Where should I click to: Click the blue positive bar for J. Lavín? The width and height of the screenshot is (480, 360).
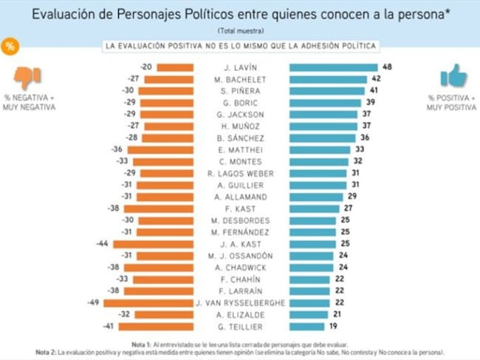[334, 67]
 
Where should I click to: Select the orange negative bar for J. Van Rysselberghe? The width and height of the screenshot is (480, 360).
[148, 303]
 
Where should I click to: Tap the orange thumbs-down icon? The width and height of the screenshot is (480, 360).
[27, 77]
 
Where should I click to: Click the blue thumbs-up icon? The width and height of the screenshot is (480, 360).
[453, 75]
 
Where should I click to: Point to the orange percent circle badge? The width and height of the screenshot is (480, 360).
[10, 47]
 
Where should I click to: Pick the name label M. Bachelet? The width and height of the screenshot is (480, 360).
[240, 80]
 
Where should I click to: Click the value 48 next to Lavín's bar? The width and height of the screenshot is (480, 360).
[387, 67]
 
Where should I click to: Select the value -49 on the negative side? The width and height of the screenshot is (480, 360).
[93, 302]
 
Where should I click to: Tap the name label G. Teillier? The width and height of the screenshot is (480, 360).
[240, 327]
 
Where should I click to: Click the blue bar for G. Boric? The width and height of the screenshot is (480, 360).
[326, 103]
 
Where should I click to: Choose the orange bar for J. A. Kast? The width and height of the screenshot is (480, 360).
[154, 244]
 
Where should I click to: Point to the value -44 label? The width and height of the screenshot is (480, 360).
[102, 244]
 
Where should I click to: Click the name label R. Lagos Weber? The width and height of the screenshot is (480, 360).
[240, 174]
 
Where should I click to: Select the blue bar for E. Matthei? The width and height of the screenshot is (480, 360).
[320, 150]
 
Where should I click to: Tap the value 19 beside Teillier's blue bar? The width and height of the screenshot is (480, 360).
[333, 326]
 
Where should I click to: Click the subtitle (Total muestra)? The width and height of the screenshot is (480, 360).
[241, 30]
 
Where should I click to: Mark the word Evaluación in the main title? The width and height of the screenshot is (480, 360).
[64, 14]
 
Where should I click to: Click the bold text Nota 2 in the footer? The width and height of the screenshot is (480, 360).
[46, 353]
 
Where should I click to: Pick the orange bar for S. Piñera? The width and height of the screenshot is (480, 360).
[166, 91]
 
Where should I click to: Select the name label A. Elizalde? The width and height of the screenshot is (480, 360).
[240, 315]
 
